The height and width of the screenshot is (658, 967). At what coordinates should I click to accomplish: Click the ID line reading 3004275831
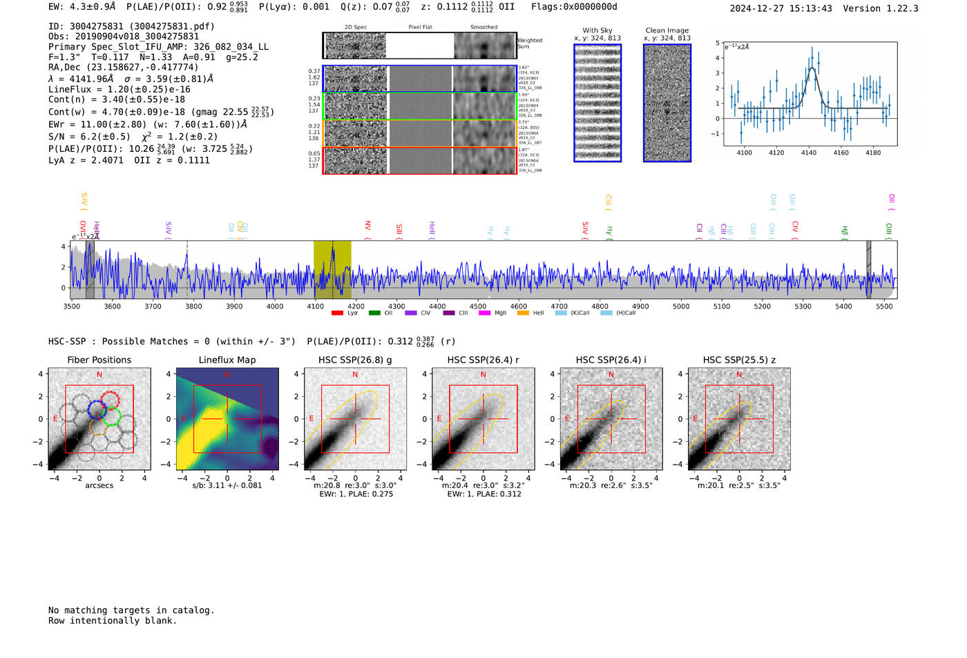[131, 26]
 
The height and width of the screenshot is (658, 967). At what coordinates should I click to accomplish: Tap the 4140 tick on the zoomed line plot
[809, 153]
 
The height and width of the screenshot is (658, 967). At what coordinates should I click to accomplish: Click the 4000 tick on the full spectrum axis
[275, 306]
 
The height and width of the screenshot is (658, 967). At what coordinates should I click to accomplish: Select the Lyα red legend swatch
[337, 313]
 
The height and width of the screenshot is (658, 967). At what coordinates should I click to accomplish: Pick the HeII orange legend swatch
[523, 313]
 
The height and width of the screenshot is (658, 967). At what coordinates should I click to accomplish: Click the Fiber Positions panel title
[99, 360]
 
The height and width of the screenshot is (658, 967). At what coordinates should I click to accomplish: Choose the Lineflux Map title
[227, 360]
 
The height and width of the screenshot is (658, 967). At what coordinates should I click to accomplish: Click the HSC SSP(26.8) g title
[355, 360]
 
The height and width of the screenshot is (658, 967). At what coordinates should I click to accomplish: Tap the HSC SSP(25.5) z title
[739, 360]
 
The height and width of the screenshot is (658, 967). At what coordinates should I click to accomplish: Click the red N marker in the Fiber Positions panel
[99, 374]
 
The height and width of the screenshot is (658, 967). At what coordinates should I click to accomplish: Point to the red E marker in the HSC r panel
[439, 418]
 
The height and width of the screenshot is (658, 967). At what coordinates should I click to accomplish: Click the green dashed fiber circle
[112, 416]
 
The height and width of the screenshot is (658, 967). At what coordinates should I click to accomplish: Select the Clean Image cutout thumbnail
[667, 103]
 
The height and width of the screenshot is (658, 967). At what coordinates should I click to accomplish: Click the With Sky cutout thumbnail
[597, 103]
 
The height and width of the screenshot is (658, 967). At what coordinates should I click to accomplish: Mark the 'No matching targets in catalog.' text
[131, 610]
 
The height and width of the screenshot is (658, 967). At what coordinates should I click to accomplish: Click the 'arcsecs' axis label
[99, 485]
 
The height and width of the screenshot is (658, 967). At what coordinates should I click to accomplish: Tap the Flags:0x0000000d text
[574, 7]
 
